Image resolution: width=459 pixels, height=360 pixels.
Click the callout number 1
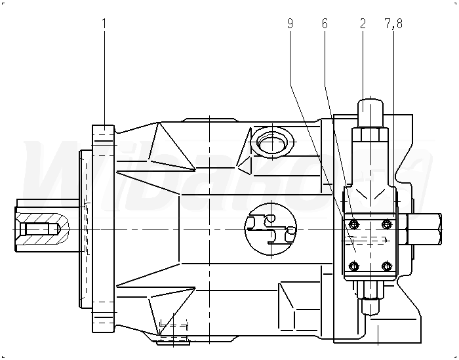[x=104, y=24]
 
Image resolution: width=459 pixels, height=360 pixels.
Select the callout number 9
[x=290, y=24]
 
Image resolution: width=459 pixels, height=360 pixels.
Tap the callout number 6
[x=325, y=24]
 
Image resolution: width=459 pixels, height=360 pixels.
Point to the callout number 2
[x=362, y=24]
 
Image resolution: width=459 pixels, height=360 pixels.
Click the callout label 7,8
[x=393, y=24]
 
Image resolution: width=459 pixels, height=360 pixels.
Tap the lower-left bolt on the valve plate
[x=354, y=266]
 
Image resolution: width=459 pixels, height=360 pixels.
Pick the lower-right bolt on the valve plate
[x=386, y=266]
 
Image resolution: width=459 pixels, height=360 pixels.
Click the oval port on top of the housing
[x=271, y=140]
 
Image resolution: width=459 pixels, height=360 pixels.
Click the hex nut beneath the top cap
[x=370, y=135]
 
